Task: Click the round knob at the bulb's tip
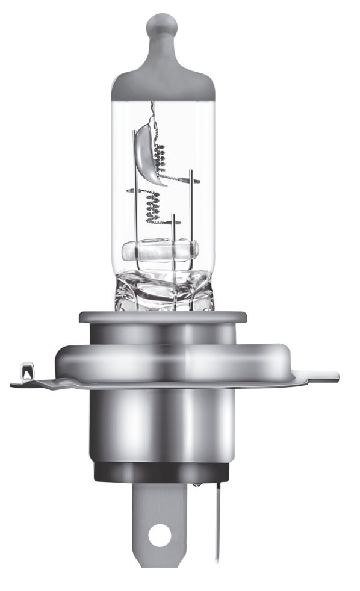(x=163, y=26)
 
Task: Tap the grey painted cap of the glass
(x=163, y=81)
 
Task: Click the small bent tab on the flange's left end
(x=25, y=368)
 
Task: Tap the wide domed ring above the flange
(x=163, y=358)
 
